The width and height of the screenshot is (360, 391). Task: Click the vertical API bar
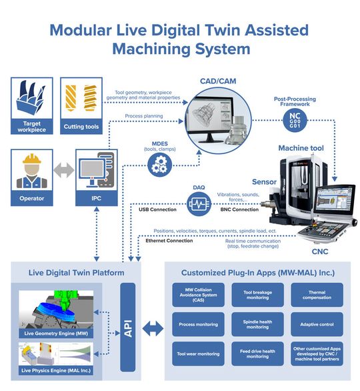[x=127, y=326]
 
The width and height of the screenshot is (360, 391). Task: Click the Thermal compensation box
[x=317, y=294]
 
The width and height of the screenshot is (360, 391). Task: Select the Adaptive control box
[x=317, y=324]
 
